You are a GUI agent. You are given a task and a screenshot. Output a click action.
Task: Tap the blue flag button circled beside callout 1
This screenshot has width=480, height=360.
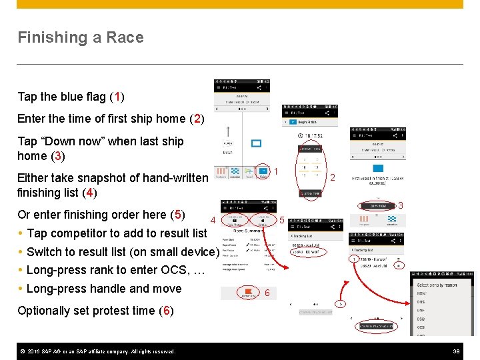pos(263,171)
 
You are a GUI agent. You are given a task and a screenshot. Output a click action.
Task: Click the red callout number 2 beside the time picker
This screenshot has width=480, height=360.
pos(332,177)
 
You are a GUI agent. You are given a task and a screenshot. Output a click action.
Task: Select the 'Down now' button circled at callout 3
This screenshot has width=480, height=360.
pos(377,206)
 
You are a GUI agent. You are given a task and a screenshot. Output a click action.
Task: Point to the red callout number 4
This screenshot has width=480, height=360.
pos(212,221)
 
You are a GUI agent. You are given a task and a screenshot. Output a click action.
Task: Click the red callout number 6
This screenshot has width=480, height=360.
pos(267,293)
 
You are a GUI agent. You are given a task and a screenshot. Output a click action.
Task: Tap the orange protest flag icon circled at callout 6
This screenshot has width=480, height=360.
pos(248,291)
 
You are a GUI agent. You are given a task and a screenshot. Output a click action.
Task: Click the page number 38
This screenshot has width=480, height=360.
pos(457,351)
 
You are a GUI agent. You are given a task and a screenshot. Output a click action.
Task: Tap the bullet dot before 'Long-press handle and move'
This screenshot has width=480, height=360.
pos(21,289)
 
